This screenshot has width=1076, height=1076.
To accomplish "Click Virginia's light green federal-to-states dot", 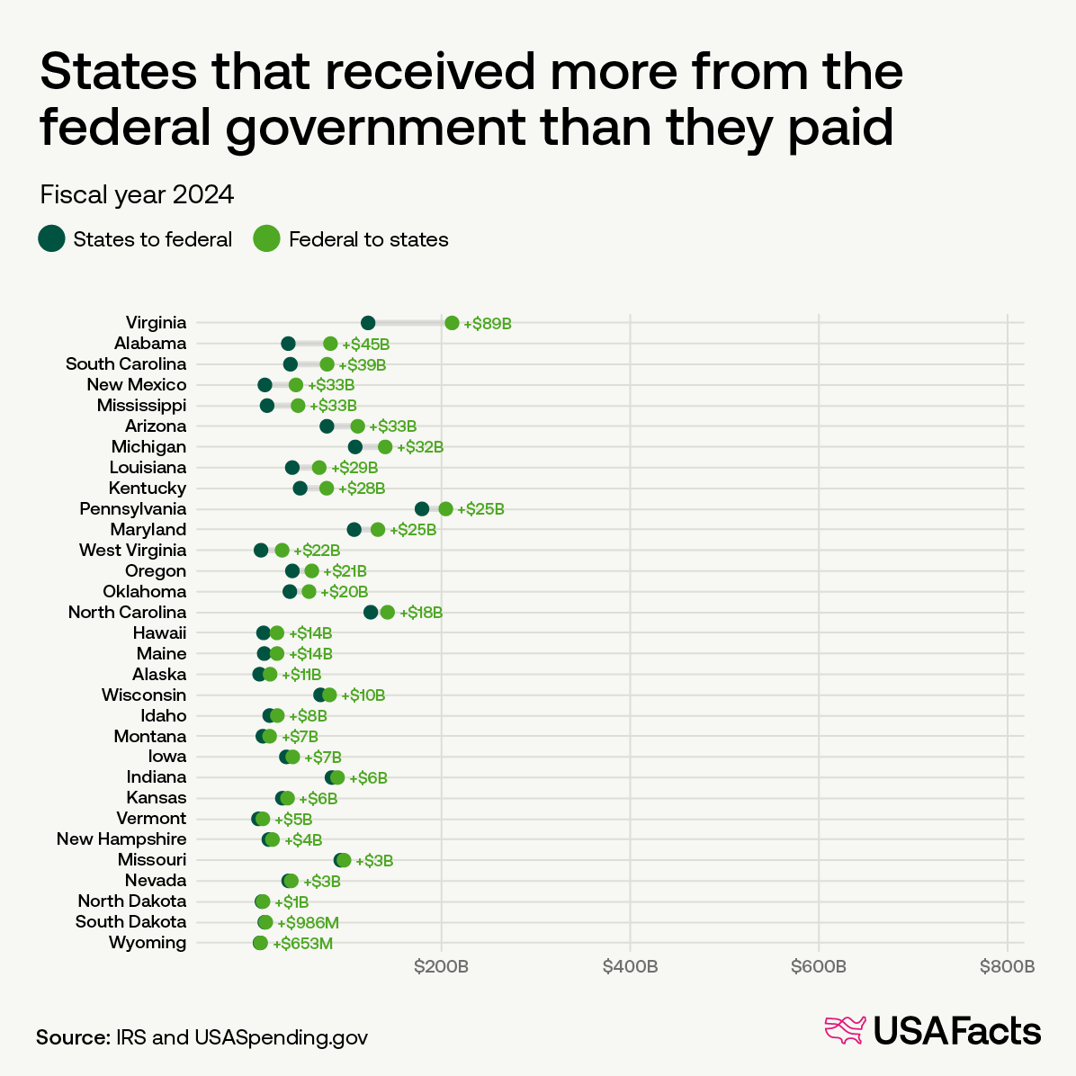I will pos(452,323).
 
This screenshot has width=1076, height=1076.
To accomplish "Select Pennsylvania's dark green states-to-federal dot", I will pos(422,509).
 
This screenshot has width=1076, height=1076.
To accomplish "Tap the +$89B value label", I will pos(488,324).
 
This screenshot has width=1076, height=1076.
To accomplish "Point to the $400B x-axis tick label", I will pos(630,967).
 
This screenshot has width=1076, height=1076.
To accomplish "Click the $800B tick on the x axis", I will pos(1008,967).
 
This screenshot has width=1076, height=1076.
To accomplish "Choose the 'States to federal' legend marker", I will pos(51,238).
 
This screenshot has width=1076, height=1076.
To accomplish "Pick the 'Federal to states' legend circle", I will pos(267,238).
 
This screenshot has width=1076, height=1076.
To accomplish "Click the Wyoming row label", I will pos(148,943).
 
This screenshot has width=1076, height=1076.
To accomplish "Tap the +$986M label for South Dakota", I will pos(308,923).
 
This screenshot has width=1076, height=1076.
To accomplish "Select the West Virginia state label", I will pos(133,551).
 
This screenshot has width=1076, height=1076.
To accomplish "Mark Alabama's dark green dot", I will pos(288,344).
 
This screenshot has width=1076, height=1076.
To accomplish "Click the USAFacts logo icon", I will pos(845,1031).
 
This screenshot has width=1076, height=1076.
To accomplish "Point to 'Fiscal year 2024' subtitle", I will pos(137,194).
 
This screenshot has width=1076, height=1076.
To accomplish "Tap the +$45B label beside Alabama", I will pos(365,345).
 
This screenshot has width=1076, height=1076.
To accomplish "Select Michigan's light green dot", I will pos(385,447).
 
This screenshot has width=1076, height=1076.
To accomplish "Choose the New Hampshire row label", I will pos(121,839).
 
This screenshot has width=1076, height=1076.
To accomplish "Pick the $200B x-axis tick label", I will pos(441,967).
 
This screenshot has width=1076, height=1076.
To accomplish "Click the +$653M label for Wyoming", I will pos(303,944).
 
